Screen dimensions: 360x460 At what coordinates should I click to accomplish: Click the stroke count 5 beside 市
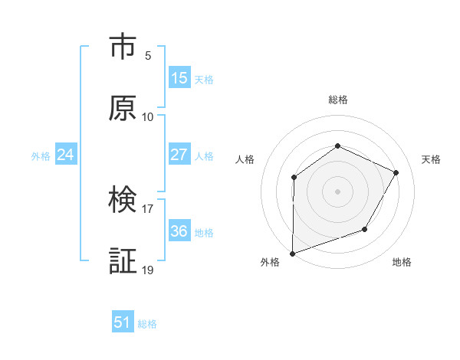[148, 55]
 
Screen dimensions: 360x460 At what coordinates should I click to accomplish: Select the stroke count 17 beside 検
[148, 208]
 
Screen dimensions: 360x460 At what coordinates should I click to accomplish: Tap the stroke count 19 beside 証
[148, 270]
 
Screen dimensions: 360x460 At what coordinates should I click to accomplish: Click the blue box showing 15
[179, 78]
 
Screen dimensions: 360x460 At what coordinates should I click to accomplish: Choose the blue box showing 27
[179, 155]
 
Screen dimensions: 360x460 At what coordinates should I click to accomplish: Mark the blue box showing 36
[179, 231]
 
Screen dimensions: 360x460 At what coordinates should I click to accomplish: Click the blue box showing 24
[66, 155]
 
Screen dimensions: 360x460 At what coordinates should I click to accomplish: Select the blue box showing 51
[123, 322]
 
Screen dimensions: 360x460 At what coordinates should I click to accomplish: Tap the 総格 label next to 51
[147, 324]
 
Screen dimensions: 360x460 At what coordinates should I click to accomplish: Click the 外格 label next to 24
[41, 156]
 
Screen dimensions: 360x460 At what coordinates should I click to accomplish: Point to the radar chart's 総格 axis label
[337, 100]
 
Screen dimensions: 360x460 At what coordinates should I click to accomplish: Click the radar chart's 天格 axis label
[432, 159]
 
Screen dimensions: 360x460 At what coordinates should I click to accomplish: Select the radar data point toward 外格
[292, 253]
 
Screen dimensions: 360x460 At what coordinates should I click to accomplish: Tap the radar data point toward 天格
[396, 172]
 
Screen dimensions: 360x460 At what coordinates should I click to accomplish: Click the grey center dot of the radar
[337, 191]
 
